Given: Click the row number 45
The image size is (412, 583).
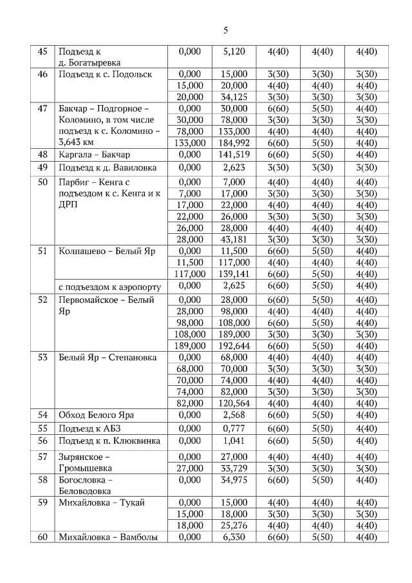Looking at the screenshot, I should coord(42,52).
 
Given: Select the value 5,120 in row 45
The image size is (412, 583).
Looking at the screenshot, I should coord(234,52).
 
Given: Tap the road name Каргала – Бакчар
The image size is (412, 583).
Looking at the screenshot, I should coord(94,155).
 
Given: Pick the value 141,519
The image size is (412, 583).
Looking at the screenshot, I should coord(234,155).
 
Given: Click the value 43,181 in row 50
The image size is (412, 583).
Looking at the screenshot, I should coord(234,240).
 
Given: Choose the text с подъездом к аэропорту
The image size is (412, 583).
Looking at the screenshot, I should coord(109,286).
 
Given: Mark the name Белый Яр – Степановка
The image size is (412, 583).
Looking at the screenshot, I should coord(108,358).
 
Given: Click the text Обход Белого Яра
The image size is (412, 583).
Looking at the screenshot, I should coord(96,415).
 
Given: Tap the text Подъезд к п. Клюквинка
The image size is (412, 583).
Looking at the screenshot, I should coord(109,441).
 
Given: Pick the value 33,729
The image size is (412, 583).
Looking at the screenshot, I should coord(234,468).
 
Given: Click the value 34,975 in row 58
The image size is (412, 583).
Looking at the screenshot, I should coord(234,481).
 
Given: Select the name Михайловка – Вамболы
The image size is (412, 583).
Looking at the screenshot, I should coord(108,537).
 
